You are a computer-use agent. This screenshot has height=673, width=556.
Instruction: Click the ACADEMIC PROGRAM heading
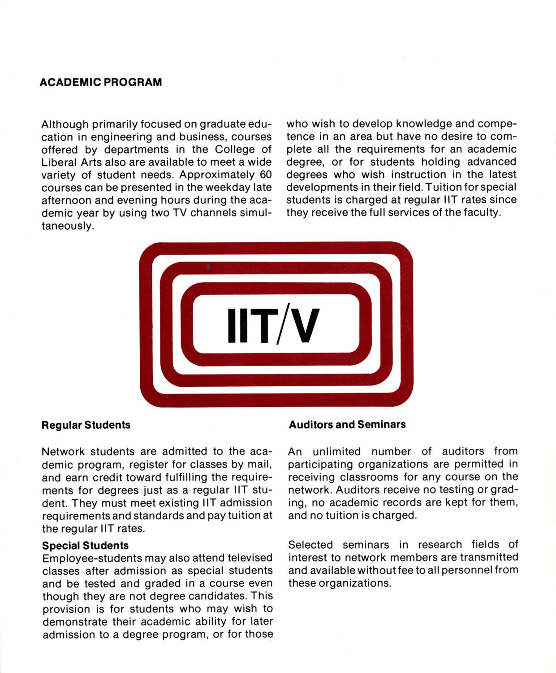[101, 83]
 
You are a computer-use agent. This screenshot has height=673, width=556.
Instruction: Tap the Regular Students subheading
[86, 425]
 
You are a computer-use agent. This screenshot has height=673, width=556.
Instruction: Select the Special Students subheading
[85, 546]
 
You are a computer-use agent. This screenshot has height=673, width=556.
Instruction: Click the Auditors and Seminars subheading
[347, 424]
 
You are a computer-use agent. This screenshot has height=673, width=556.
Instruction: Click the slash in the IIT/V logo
[278, 324]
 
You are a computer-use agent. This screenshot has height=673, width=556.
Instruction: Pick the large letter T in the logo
[259, 324]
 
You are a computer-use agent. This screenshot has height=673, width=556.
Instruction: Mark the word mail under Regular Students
[260, 464]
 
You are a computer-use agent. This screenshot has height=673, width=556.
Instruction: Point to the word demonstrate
[76, 622]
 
